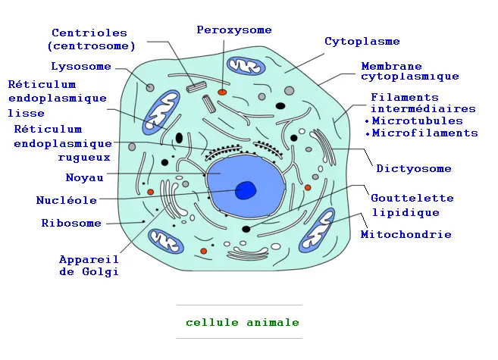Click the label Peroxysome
pos(234,30)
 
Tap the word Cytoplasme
pos(362,41)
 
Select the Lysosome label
pos(81,67)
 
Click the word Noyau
pos(84,177)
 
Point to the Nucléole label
pos(67,200)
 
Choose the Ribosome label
pos(71,223)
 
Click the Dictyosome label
pos(414,168)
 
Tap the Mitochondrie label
pos(406,235)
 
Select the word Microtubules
pos(418,121)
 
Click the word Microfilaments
pos(425,133)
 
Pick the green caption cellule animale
pos(243,323)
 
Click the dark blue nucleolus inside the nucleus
pos(246,190)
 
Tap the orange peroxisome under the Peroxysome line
pos(222,92)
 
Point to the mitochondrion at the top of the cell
pos(246,67)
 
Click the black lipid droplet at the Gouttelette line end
pos(246,229)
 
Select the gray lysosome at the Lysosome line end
pos(150,88)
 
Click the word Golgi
pos(100,272)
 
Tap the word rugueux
pos(84,158)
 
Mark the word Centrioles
pos(89,33)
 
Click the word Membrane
pos(391,67)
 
